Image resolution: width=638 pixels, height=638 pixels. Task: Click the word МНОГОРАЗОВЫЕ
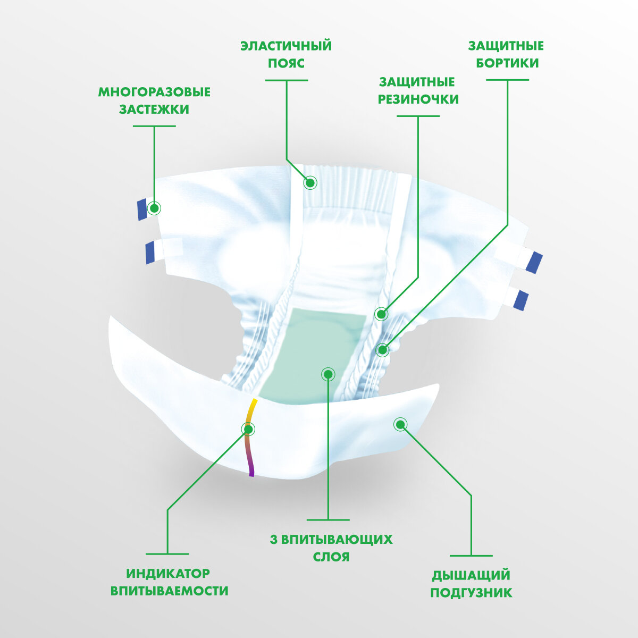154,92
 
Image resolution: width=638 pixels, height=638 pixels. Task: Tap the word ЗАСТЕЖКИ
154,110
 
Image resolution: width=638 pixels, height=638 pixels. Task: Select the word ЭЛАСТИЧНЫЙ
286,46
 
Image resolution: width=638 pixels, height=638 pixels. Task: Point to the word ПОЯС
286,63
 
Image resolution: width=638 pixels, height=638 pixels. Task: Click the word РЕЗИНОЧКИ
418,99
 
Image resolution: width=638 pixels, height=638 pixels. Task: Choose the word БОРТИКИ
507,63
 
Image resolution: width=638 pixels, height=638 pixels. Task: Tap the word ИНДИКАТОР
168,574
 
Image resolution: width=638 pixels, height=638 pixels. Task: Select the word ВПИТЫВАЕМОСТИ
169,591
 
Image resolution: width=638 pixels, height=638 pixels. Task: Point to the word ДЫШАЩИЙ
471,575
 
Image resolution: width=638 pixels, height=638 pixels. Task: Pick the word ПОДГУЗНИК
471,593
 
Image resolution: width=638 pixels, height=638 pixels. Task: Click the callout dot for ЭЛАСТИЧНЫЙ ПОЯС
310,183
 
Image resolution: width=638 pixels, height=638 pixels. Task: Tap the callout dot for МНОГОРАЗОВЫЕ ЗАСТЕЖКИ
154,208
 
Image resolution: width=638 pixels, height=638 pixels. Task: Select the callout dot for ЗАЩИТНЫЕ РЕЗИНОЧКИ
381,314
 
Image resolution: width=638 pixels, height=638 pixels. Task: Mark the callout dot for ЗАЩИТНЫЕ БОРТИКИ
382,350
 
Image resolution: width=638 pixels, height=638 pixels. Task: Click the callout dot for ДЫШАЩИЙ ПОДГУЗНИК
400,424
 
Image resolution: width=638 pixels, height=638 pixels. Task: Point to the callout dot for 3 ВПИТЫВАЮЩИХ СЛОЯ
329,374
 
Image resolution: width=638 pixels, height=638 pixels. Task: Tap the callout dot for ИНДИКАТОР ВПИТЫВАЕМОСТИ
248,429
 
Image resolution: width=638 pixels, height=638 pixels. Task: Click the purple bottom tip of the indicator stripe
251,473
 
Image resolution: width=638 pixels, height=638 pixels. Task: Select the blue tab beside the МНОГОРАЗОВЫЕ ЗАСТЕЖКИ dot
141,209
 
